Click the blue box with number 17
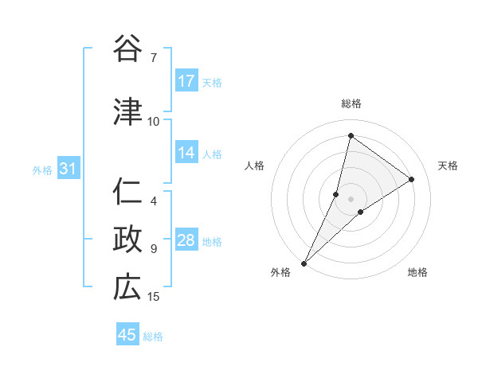pos(186,81)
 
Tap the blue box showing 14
pos(186,153)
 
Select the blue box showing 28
pos(186,241)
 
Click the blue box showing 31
pos(68,169)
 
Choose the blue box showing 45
pos(127,335)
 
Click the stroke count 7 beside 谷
pos(154,57)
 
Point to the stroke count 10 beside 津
pos(154,121)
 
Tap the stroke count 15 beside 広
pos(154,297)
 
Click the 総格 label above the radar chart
pos(351,103)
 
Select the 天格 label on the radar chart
pos(449,166)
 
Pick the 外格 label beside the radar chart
pos(280,272)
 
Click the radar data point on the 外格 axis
pos(304,263)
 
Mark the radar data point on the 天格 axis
pos(412,179)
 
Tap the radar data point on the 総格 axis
pos(351,135)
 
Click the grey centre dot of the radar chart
pos(351,199)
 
